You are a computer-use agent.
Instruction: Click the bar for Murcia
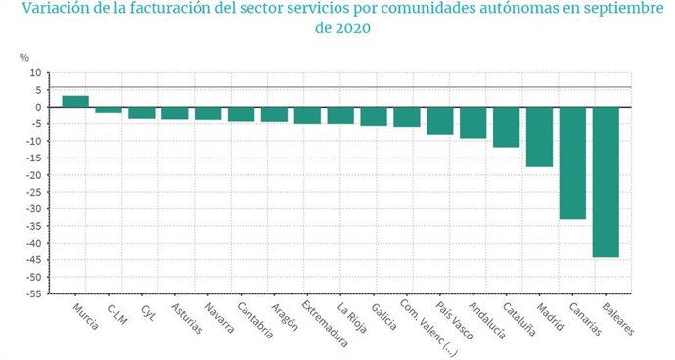pyautogui.click(x=75, y=101)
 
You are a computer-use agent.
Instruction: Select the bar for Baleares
pyautogui.click(x=606, y=182)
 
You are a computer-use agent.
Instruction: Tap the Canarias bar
pyautogui.click(x=572, y=162)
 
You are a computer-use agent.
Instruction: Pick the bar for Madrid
pyautogui.click(x=539, y=137)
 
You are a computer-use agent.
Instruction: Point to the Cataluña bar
pyautogui.click(x=506, y=127)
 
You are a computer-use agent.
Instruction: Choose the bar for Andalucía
pyautogui.click(x=472, y=122)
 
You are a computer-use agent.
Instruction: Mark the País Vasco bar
pyautogui.click(x=439, y=120)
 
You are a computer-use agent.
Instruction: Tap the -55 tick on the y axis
pyautogui.click(x=33, y=293)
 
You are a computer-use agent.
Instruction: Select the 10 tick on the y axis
pyautogui.click(x=36, y=73)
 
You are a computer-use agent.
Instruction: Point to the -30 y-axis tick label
pyautogui.click(x=33, y=209)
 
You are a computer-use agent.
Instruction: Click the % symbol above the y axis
pyautogui.click(x=25, y=56)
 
